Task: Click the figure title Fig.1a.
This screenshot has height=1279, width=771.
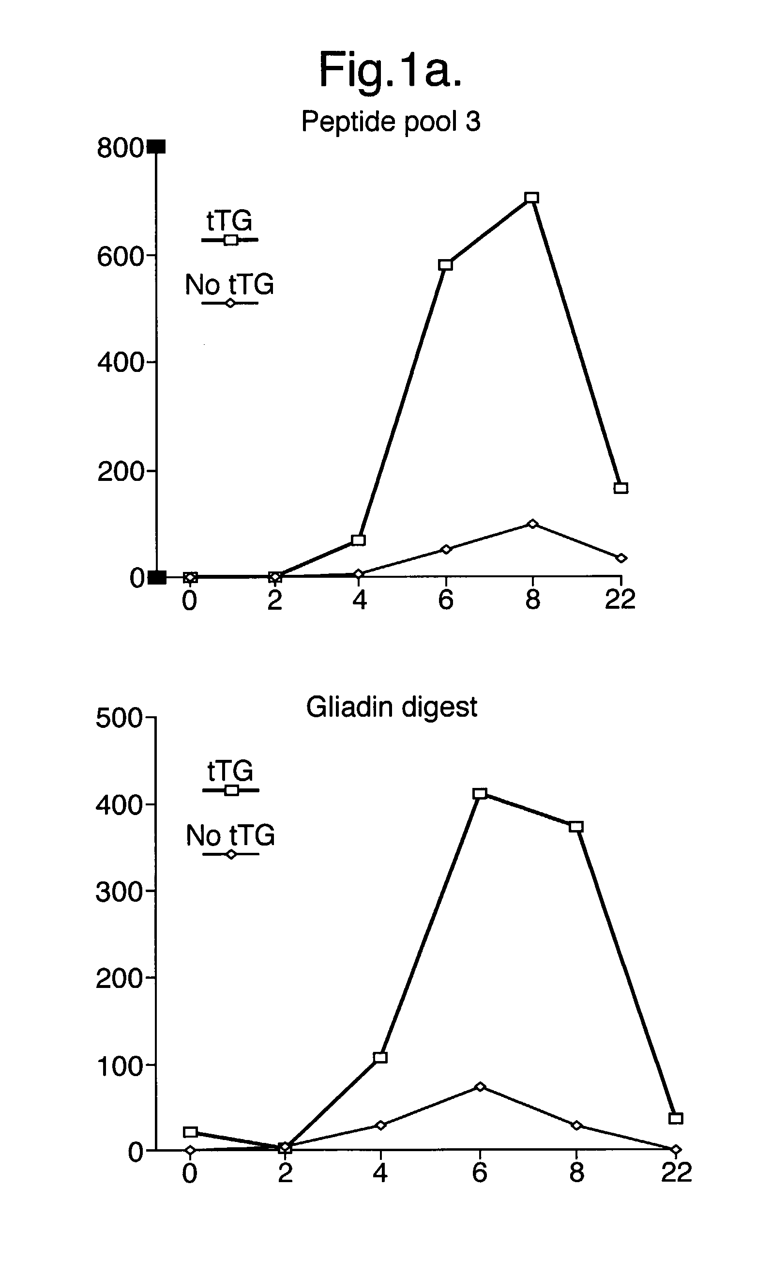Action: [390, 70]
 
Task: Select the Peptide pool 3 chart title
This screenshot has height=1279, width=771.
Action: [391, 122]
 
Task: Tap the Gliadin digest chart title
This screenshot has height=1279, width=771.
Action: [391, 707]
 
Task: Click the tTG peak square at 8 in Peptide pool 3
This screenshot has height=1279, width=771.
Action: [531, 198]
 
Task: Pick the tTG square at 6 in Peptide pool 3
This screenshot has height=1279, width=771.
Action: [445, 265]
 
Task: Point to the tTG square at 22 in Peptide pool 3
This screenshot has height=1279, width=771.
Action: [620, 488]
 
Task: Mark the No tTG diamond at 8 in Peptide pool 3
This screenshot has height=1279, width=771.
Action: [532, 524]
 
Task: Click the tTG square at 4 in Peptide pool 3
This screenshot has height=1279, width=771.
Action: [359, 540]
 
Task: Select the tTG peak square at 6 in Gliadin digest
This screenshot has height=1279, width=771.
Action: [480, 793]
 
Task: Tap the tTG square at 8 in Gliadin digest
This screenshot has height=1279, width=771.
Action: [576, 826]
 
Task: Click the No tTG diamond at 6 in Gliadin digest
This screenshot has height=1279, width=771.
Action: [480, 1087]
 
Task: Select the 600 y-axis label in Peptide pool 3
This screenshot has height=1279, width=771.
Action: [120, 256]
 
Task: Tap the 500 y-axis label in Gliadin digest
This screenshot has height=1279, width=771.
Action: [118, 718]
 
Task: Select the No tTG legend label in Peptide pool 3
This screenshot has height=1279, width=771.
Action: [229, 285]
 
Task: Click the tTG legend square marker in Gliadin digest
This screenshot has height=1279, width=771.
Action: [231, 790]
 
